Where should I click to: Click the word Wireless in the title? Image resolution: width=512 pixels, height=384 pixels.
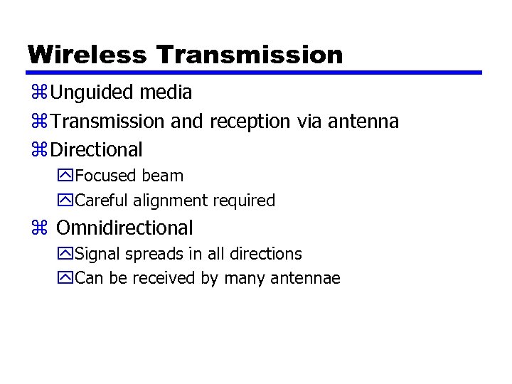point(87,55)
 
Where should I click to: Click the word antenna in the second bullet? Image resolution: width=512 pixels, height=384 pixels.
point(363,122)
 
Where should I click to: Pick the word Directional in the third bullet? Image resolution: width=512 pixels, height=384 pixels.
point(97,150)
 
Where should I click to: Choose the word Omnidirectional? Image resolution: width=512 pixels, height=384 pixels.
point(124,228)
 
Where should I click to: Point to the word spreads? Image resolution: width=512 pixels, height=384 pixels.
point(151,254)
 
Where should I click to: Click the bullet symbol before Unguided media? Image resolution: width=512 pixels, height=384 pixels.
point(38,93)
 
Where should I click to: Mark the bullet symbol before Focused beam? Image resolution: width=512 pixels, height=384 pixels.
point(66,176)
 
